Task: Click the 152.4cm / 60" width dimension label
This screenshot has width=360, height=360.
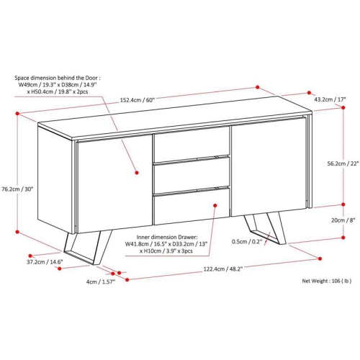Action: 138,100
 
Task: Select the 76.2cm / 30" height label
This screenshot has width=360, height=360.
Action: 17,189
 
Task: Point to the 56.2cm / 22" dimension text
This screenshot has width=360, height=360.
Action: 343,163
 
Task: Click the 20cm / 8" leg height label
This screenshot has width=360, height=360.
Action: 343,220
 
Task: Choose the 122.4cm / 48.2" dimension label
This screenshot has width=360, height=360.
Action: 223,269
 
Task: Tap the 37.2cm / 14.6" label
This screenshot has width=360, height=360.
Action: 45,262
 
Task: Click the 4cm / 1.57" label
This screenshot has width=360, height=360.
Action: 101,282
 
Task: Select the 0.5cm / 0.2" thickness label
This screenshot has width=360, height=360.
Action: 247,241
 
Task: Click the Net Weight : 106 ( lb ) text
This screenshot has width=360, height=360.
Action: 327,281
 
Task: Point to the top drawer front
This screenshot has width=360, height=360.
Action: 192,144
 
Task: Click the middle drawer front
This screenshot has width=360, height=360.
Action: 192,175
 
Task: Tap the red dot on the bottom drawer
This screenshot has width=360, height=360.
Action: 215,205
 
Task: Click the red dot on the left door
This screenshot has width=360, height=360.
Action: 137,173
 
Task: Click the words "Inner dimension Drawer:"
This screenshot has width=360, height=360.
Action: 167,237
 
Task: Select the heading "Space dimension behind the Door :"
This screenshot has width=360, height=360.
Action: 58,78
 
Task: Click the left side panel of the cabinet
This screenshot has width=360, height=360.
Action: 55,179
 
